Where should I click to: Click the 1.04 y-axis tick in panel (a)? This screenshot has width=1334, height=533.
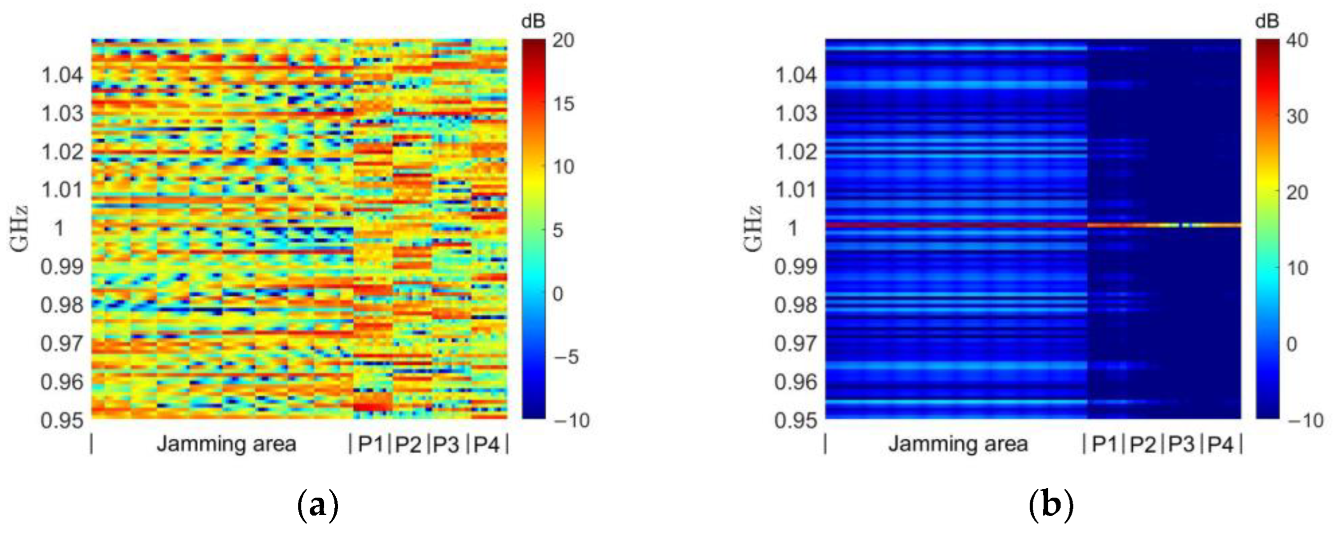click(62, 76)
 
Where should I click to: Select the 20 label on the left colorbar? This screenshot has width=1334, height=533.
click(563, 40)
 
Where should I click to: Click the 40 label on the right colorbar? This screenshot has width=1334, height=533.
click(1296, 40)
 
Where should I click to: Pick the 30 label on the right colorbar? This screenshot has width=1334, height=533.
click(1296, 117)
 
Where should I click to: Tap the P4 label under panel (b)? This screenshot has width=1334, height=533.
click(1220, 444)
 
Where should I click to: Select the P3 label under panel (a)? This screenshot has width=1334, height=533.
click(446, 444)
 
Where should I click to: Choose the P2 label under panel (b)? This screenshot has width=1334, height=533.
click(1142, 444)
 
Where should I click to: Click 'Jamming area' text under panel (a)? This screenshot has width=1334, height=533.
click(226, 444)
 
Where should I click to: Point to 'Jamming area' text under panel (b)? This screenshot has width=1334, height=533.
click(958, 444)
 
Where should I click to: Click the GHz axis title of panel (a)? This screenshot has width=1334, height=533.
click(19, 229)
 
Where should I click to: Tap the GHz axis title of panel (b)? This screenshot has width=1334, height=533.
click(754, 229)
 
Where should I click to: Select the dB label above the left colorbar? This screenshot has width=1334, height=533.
click(534, 21)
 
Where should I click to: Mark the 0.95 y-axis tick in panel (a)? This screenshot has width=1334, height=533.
click(62, 420)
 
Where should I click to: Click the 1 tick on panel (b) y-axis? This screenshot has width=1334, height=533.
click(793, 228)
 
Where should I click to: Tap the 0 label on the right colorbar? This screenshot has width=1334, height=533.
click(1292, 344)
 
